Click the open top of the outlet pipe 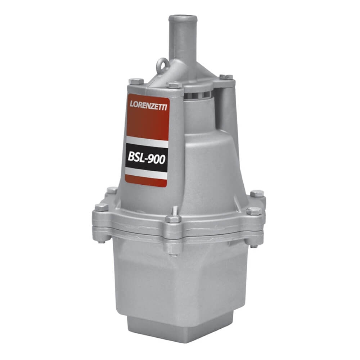click(183, 18)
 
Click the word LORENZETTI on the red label click(148, 105)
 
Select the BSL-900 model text click(147, 158)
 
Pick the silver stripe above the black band click(147, 141)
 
